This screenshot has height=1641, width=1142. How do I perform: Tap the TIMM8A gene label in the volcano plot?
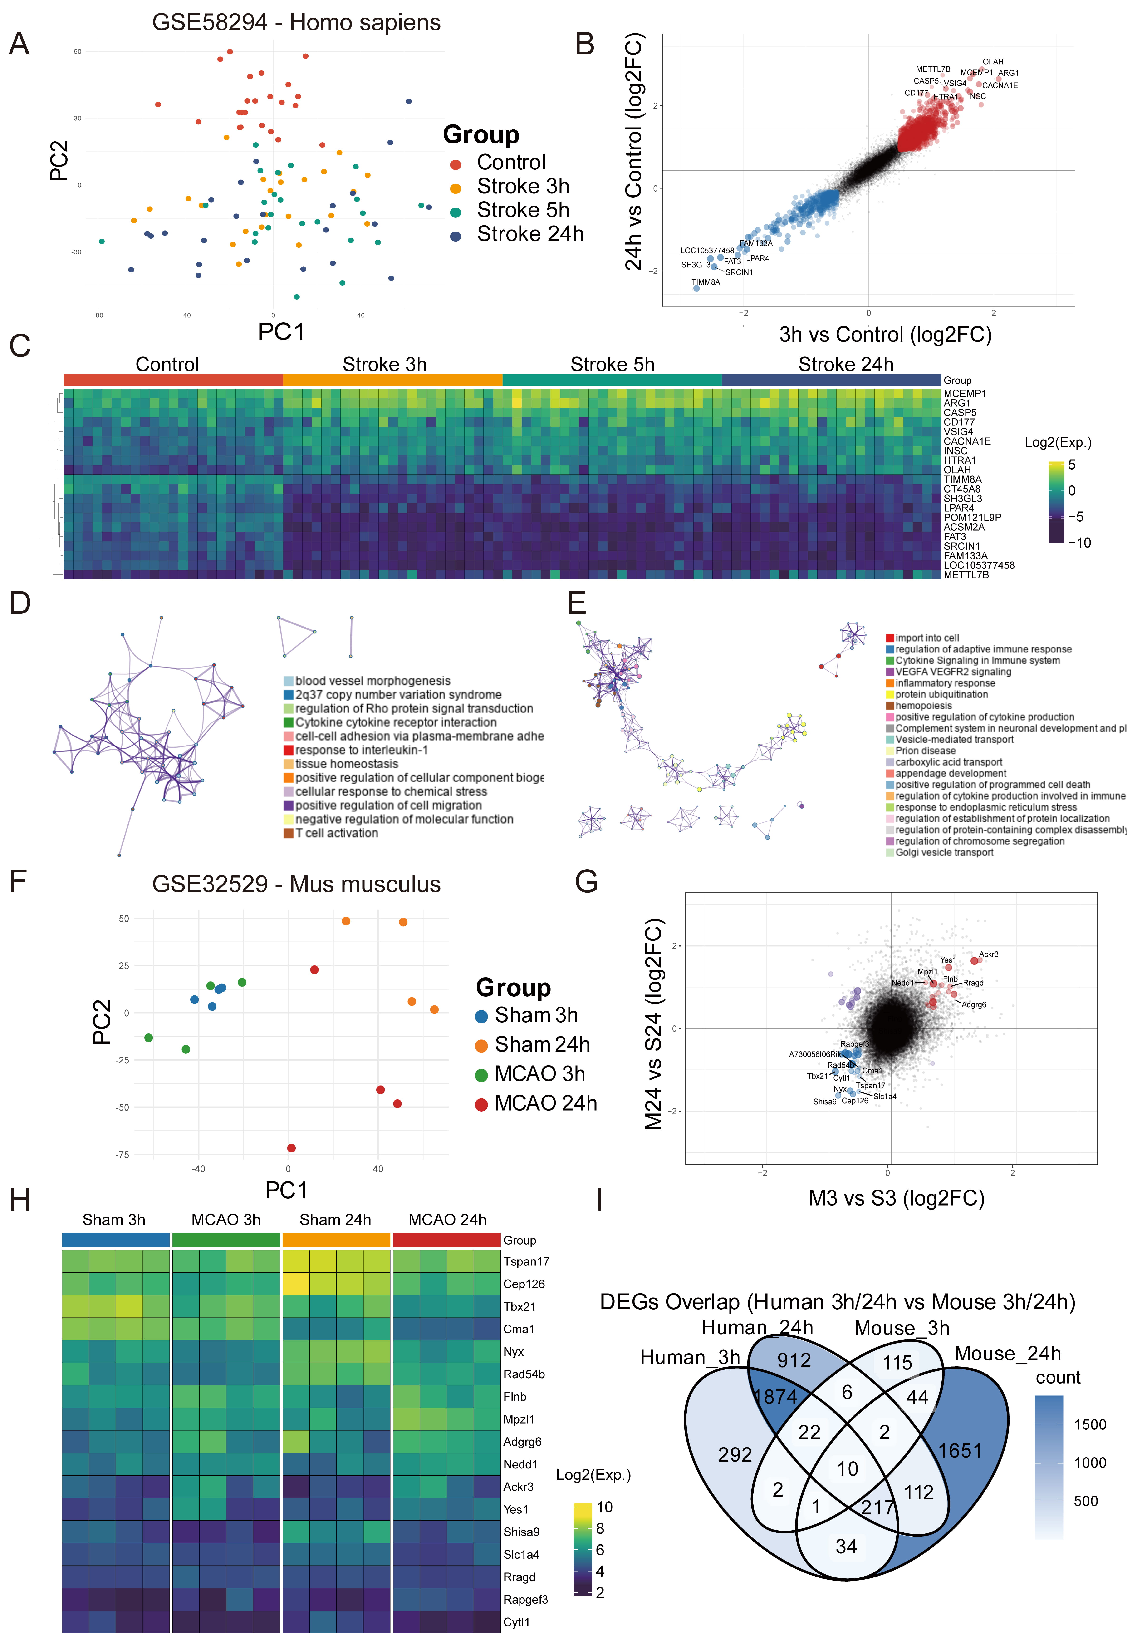click(705, 282)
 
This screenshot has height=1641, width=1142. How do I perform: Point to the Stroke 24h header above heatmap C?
click(845, 365)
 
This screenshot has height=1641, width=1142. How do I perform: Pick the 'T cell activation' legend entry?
click(337, 833)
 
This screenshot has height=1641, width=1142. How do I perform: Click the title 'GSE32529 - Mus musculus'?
click(296, 884)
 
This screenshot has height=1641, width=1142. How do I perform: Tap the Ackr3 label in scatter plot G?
click(988, 954)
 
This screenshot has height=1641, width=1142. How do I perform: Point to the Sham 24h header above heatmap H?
click(335, 1219)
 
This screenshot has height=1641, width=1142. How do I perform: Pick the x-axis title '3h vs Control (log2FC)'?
click(885, 335)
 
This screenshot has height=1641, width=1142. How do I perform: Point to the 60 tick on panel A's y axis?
click(77, 51)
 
